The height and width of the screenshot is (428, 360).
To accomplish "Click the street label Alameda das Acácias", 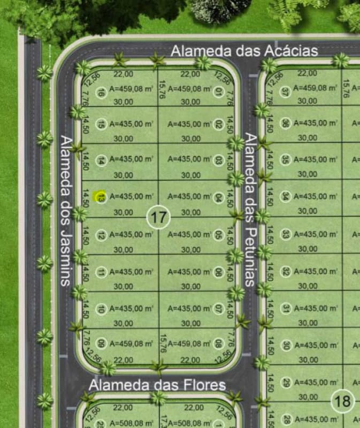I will pos(244,51).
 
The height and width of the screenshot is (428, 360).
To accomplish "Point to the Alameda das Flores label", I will pos(157,385).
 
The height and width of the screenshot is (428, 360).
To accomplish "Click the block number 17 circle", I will pos(158,218).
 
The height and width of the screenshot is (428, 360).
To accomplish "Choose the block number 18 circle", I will pos(342,401).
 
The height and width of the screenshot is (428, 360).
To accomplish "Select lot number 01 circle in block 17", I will pos(218,93).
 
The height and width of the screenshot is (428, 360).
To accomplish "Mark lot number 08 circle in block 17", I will pos(218,343).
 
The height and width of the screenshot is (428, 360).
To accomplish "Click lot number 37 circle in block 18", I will pos(286,92).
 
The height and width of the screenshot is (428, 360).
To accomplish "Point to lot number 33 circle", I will pos(286,234).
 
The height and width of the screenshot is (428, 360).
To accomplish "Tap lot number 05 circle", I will pos(218,234).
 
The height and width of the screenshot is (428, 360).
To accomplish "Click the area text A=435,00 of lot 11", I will pos(131,272).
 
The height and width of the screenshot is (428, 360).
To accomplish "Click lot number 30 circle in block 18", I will pos(286,345).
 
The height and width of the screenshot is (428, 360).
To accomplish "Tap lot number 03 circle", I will pos(218,159).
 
